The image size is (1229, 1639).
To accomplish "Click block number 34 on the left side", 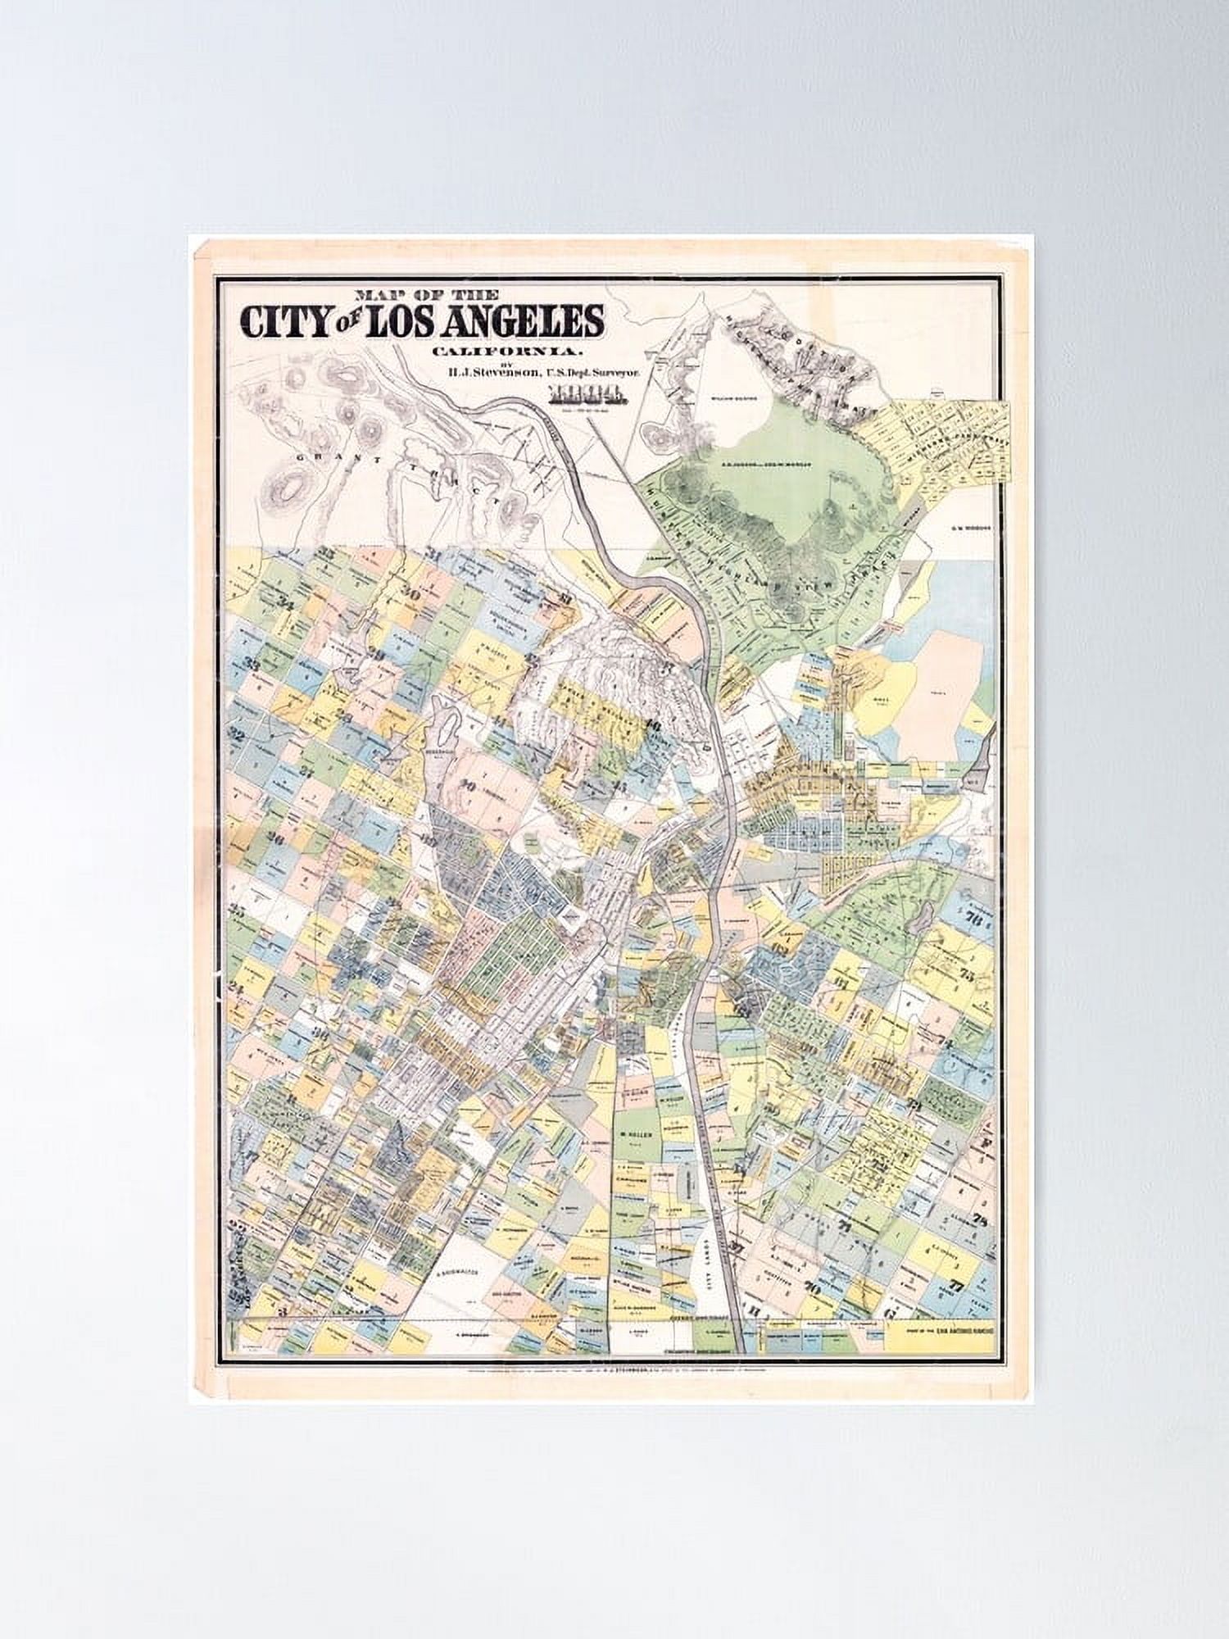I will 285,604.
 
